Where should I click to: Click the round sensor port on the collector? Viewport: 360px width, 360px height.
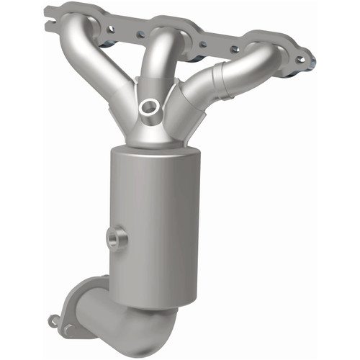tap(150, 107)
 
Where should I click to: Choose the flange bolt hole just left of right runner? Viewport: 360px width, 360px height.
tap(234, 48)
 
